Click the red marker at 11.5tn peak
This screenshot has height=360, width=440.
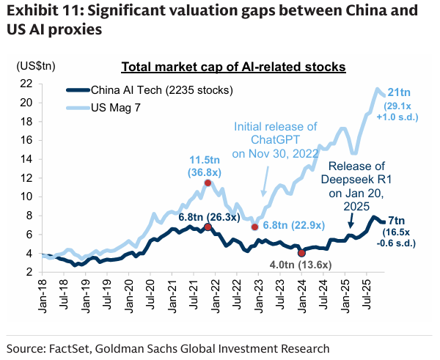click(208, 183)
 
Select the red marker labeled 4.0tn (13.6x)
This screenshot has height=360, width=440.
click(301, 253)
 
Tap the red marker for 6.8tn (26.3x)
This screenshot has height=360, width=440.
click(208, 227)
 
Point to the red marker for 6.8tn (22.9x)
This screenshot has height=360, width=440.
click(254, 227)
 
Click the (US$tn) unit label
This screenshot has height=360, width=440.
click(36, 66)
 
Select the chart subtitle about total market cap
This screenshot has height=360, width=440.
click(232, 67)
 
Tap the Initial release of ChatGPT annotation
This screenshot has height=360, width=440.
click(275, 140)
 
